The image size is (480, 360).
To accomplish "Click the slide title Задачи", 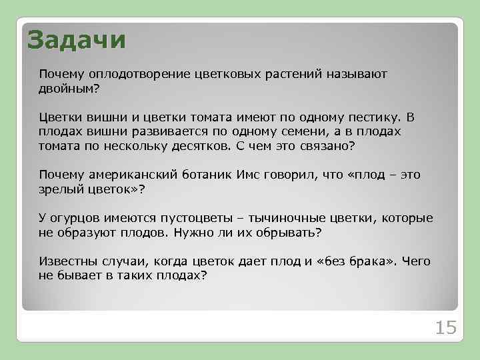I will click(x=76, y=39).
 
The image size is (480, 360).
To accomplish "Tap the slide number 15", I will click(x=445, y=327).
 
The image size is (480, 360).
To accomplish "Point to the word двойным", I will click(x=67, y=87).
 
